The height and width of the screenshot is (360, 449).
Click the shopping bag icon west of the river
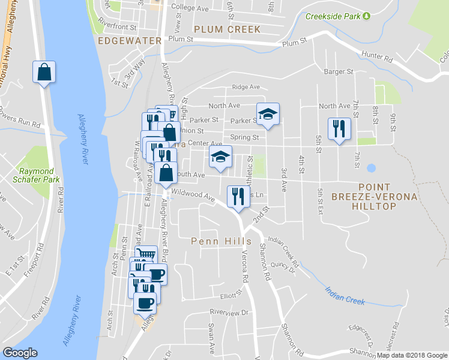(44, 72)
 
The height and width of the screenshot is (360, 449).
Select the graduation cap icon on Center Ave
(221, 157)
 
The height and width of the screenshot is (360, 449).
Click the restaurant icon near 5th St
(339, 129)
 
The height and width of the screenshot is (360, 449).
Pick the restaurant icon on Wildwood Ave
(238, 196)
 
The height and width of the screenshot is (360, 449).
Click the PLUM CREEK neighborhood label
(227, 29)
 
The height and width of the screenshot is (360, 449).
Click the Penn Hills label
(221, 241)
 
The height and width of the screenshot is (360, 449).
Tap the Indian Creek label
(345, 294)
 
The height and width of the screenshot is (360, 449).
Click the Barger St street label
(338, 72)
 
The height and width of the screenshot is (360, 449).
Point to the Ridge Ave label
(246, 87)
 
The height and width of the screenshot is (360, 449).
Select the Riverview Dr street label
(229, 313)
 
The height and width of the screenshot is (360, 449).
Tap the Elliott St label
(229, 295)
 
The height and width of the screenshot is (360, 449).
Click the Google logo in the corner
(20, 353)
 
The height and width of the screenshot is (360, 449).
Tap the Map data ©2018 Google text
(411, 355)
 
